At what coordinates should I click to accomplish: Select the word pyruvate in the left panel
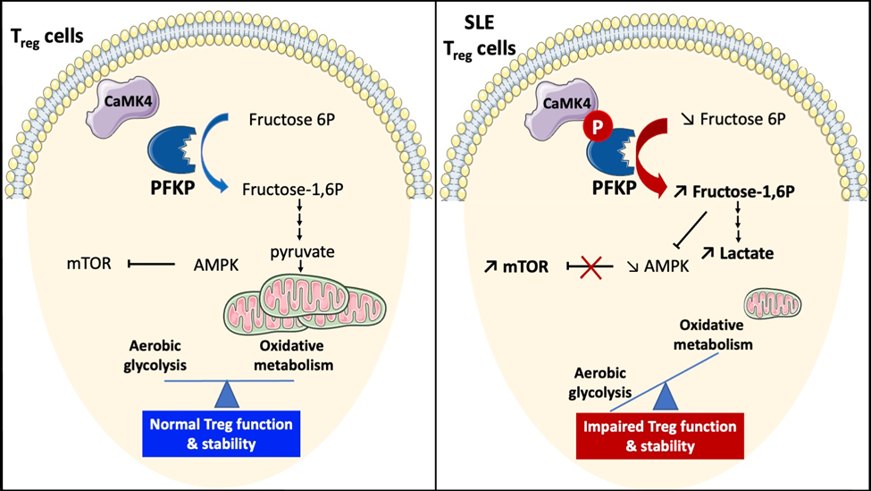pos(302,252)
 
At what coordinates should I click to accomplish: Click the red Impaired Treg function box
pos(666,433)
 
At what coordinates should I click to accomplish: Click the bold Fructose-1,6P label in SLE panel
pos(744,192)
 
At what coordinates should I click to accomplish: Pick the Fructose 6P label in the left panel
pos(288,118)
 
